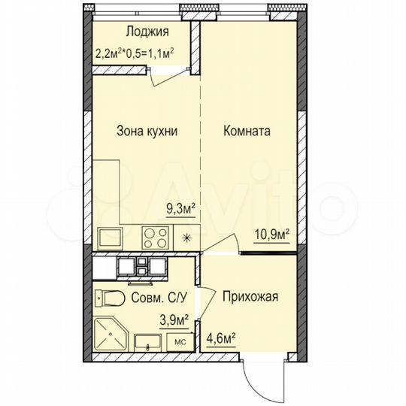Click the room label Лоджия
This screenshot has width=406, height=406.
147,32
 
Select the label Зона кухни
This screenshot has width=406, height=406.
147,131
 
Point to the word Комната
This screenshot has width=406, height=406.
247,131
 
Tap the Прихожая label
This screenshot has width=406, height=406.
250,296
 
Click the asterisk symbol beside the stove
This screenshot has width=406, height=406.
187,239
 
